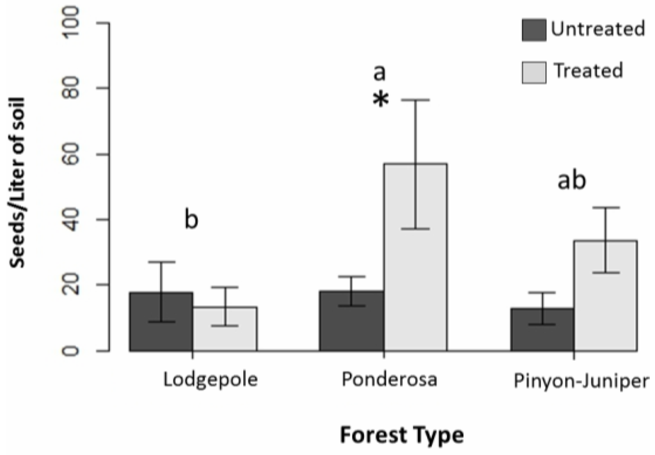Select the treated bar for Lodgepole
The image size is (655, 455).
click(x=225, y=329)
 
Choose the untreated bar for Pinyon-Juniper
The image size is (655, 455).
click(x=542, y=330)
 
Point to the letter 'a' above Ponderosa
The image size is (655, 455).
click(x=380, y=72)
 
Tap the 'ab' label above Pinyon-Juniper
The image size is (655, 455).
click(x=571, y=182)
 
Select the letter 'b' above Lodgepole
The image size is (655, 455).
click(x=191, y=220)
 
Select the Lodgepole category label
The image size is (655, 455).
click(x=210, y=380)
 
